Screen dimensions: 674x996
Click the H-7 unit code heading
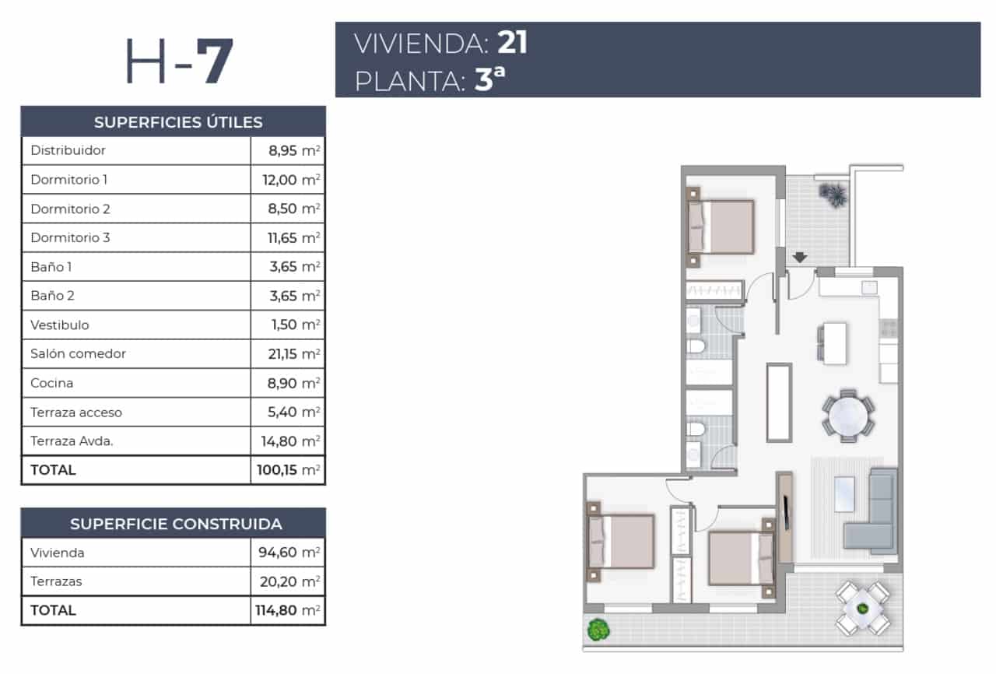point(179,62)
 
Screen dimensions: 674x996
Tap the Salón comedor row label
point(78,353)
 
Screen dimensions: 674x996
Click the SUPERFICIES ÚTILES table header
point(177,122)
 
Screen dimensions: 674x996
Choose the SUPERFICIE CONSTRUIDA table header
point(176,524)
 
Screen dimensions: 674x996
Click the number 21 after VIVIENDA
point(513,43)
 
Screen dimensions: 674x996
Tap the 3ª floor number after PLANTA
point(484,81)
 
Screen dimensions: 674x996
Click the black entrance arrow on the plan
point(799,258)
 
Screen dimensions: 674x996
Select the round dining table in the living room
point(848,416)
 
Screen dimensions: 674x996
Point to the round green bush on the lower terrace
point(598,628)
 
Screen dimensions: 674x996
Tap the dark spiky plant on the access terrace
point(833,194)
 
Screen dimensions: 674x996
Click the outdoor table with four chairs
point(862,607)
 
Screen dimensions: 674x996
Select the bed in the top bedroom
point(722,226)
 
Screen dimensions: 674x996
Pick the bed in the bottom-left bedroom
point(622,541)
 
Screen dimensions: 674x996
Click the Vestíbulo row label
point(59,325)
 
